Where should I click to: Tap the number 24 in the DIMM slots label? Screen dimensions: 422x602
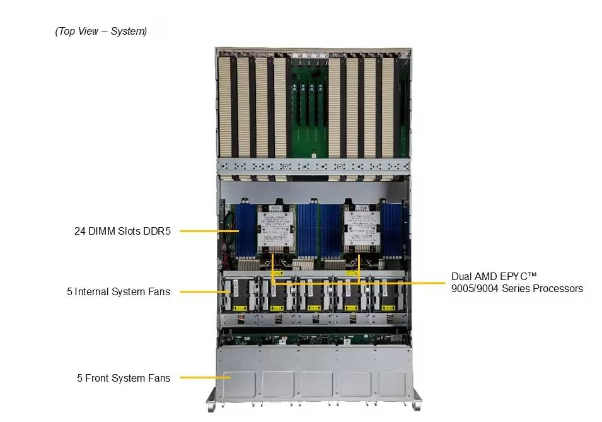(x=80, y=231)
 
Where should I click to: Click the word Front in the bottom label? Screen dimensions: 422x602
(x=97, y=378)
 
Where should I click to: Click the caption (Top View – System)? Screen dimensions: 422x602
(x=101, y=31)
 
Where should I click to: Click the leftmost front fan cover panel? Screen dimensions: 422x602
(x=240, y=384)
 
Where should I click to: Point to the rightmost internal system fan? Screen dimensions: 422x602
(x=386, y=294)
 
